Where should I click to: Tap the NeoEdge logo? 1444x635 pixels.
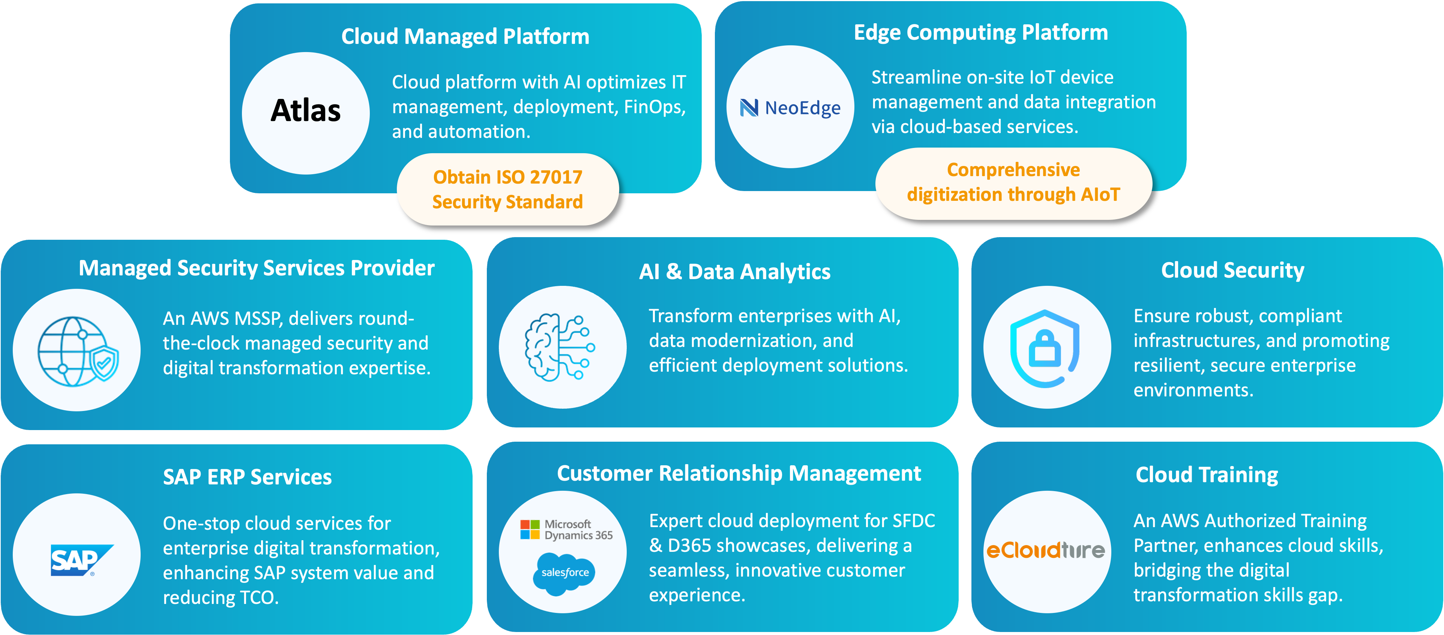(790, 108)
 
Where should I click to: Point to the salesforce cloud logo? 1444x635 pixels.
(564, 572)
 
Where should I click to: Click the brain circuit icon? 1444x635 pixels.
(560, 347)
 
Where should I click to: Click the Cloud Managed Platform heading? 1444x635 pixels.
(465, 36)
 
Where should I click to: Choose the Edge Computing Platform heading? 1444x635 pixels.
(980, 33)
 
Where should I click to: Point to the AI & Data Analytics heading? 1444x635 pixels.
(734, 272)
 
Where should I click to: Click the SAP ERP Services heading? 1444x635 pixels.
(247, 477)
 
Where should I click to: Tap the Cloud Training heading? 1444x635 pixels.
(1206, 475)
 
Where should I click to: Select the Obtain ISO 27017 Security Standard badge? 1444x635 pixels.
(507, 189)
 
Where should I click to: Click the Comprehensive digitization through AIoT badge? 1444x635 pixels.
(1013, 182)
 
